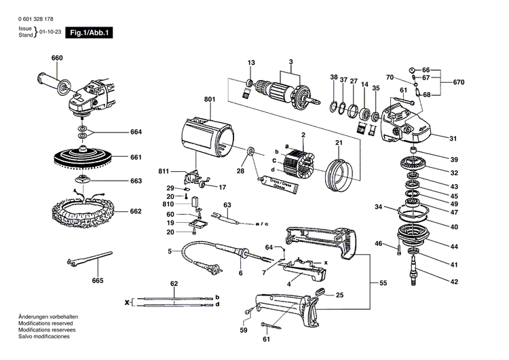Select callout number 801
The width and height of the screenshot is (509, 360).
click(x=209, y=100)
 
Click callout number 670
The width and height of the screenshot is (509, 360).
click(x=459, y=83)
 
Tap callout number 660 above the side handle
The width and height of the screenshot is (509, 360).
click(x=57, y=58)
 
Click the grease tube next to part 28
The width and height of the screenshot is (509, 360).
click(x=278, y=183)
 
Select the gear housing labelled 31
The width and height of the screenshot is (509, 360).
click(x=403, y=123)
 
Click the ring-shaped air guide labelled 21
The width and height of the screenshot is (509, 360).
click(x=337, y=174)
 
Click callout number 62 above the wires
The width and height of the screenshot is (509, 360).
click(x=174, y=283)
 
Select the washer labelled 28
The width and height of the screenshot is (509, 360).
click(x=250, y=150)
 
